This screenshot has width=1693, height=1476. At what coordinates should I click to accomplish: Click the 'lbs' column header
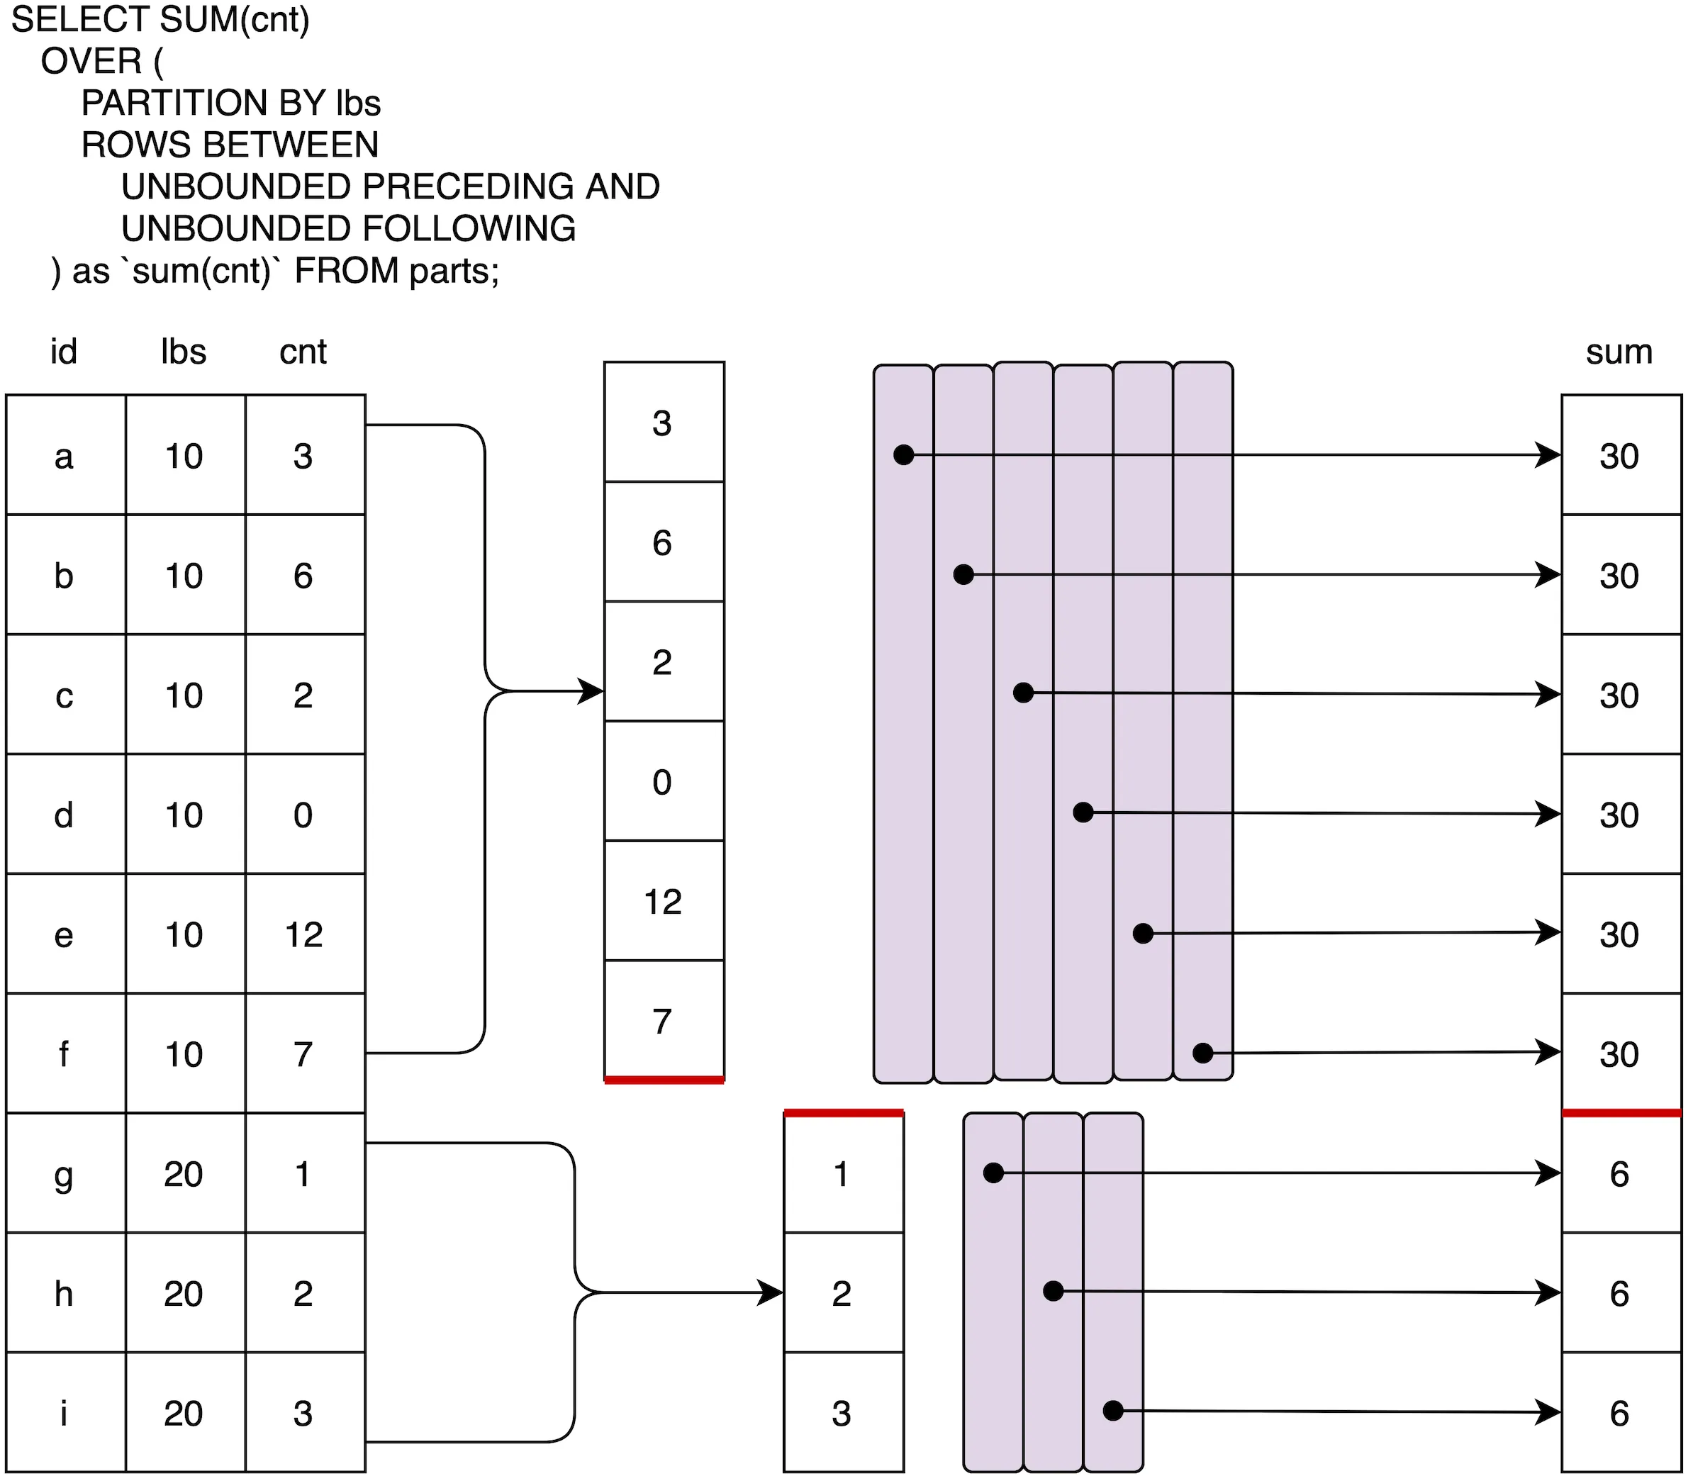[183, 352]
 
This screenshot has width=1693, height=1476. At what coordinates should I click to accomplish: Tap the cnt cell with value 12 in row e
[304, 935]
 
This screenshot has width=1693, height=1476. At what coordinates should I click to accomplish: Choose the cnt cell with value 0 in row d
[304, 815]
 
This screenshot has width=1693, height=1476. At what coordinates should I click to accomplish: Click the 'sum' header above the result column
[1619, 352]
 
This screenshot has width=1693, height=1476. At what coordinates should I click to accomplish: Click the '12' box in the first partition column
[663, 902]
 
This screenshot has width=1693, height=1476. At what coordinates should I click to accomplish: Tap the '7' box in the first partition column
[663, 1022]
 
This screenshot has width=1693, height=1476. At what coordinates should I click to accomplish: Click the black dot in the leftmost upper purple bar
[904, 454]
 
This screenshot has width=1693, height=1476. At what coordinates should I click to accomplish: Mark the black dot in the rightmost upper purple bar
[1203, 1053]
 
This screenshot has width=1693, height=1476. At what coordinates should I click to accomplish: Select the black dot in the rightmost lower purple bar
[1113, 1411]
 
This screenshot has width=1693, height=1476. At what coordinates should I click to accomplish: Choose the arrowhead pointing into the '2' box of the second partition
[771, 1292]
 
